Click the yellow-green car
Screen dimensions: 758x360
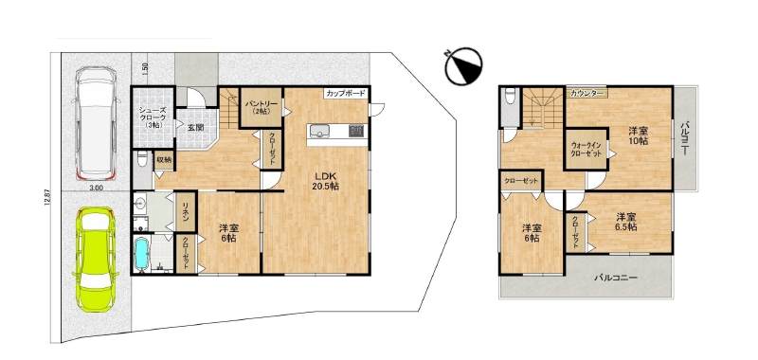tap(96, 259)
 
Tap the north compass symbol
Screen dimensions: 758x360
tap(463, 66)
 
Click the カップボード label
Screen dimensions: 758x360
tap(345, 94)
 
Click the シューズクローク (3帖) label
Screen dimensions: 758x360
tap(153, 117)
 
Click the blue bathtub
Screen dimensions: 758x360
tap(143, 255)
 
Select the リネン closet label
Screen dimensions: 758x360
tap(185, 211)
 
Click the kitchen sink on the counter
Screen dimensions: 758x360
tap(319, 131)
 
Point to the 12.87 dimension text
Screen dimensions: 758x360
tap(45, 198)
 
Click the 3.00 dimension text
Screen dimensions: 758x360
tap(96, 189)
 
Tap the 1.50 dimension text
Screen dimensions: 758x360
tap(145, 68)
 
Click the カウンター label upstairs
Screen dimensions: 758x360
tap(587, 93)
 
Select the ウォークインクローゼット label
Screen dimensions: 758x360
tap(587, 150)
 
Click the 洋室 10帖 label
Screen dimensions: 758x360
tap(638, 135)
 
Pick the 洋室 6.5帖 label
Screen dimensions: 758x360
tap(625, 222)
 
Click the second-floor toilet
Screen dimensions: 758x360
tap(510, 99)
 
